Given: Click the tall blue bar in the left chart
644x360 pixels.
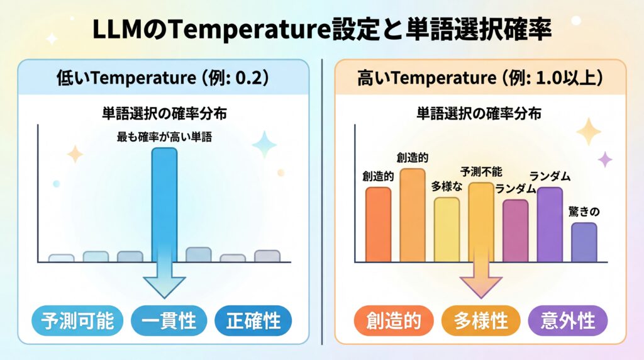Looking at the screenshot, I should pos(165,201).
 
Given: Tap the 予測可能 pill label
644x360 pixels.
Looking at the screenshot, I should pos(77,321).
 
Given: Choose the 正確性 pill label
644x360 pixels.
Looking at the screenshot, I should pos(252,321).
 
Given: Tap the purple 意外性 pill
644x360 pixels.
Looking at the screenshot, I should pos(568,321).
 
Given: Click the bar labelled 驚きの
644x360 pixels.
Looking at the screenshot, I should pos(584,242).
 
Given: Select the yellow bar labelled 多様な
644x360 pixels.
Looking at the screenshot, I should pos(447,230).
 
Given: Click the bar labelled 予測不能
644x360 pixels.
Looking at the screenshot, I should pos(481,222).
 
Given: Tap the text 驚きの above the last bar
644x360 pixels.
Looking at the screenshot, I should pos(584,211).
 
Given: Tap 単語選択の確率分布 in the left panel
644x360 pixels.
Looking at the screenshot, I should pos(164,114).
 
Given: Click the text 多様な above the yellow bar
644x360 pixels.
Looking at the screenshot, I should pos(446,186).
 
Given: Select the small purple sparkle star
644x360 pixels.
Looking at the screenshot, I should pos(605,159).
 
